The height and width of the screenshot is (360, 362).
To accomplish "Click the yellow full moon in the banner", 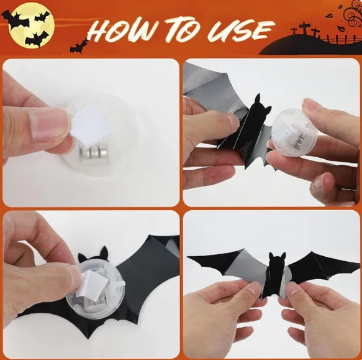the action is (32, 25).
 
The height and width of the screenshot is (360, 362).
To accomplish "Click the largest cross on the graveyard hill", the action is (304, 28).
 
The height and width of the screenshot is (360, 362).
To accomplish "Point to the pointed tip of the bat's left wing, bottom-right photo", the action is (188, 257).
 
